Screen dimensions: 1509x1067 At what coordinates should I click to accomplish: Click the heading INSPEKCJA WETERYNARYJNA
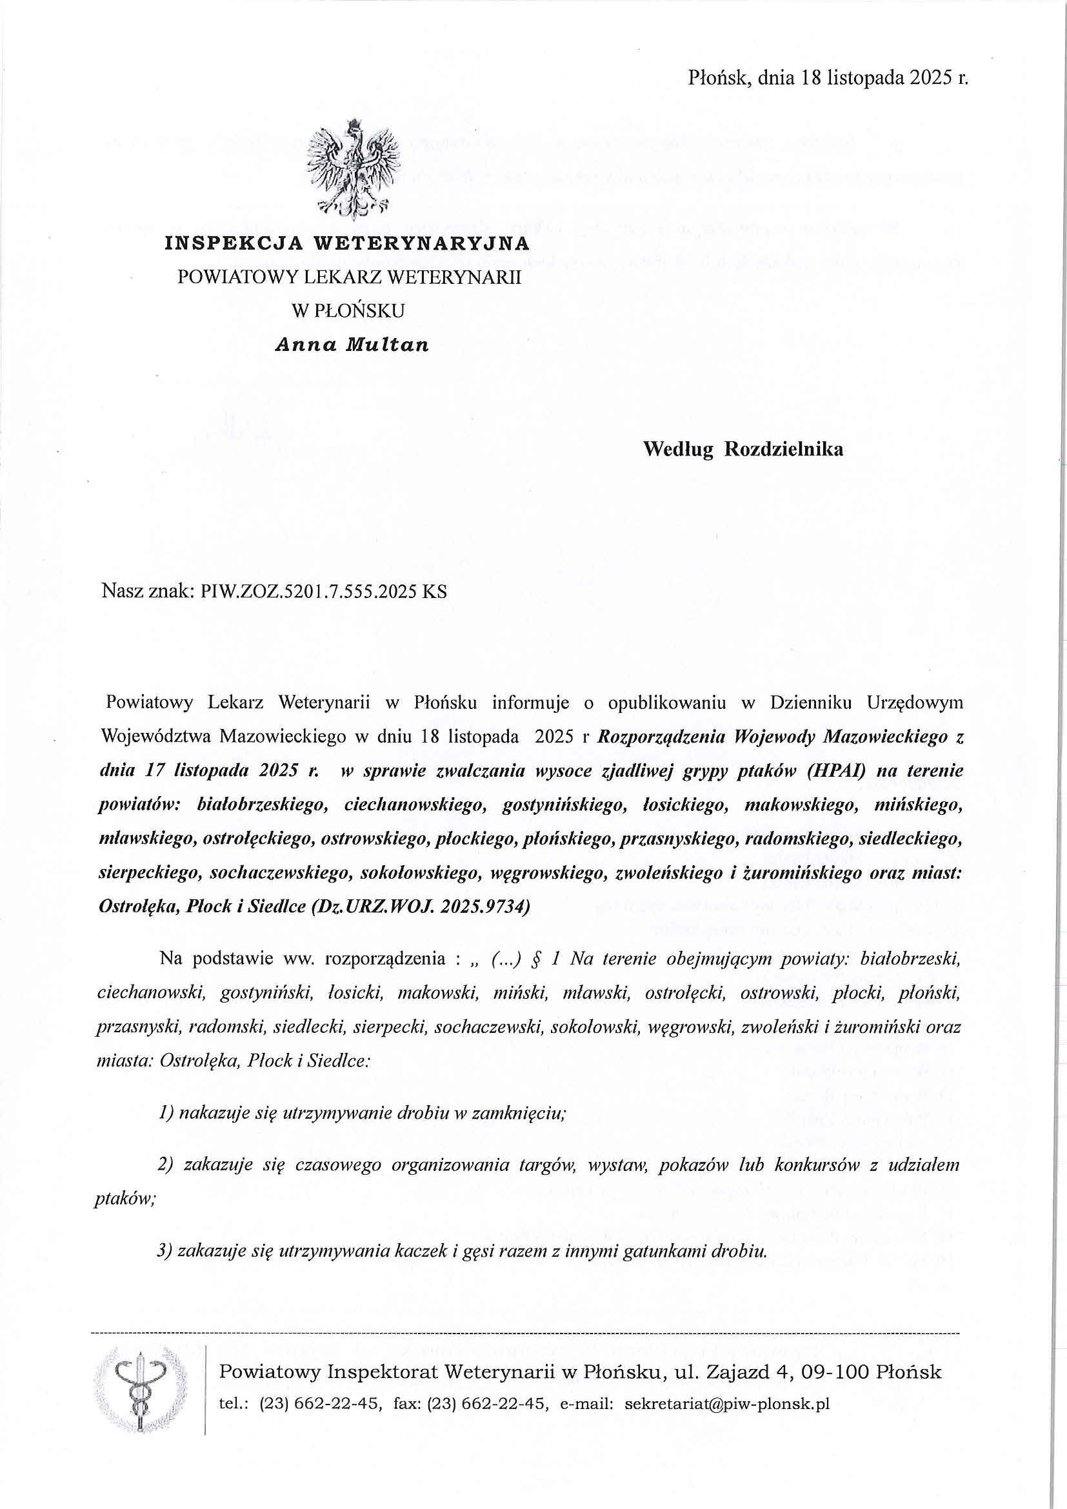coord(347,244)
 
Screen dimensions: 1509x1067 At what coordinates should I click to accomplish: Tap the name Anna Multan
coord(352,345)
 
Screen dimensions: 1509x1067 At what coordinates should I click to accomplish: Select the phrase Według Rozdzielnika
coord(743,450)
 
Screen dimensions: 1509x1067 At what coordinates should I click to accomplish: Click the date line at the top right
coord(828,79)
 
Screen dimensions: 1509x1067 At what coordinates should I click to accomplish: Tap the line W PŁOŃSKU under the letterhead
coord(348,311)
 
